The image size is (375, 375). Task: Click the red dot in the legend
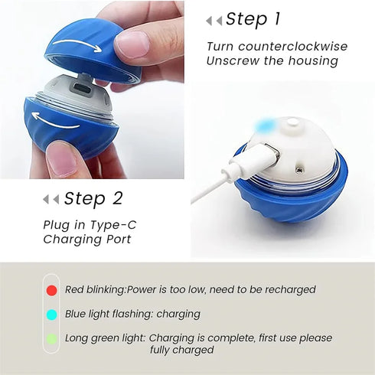coord(51,290)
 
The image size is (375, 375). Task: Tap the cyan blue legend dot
coord(51,314)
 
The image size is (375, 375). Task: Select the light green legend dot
coord(51,337)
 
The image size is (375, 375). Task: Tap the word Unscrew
coord(234,61)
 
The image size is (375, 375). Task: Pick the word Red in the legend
coord(75,290)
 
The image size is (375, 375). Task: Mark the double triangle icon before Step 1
coord(214,21)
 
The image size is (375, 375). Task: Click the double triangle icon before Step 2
coord(51,199)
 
